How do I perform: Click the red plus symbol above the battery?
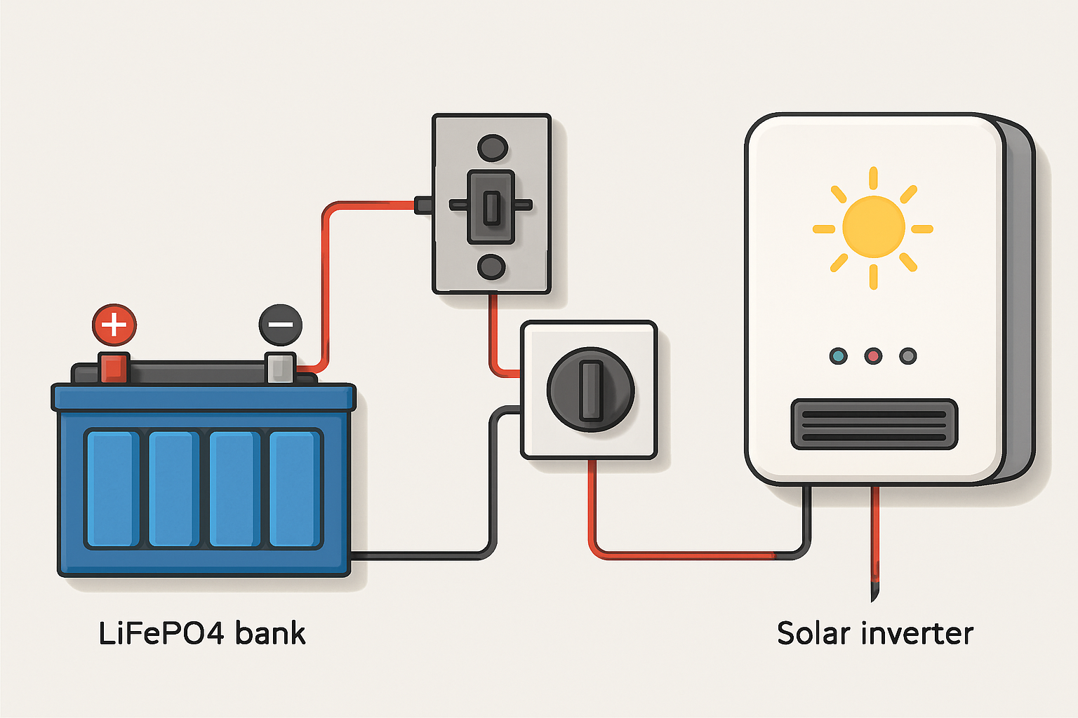pyautogui.click(x=114, y=325)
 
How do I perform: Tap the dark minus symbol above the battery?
pyautogui.click(x=281, y=325)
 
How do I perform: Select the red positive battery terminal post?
pyautogui.click(x=114, y=368)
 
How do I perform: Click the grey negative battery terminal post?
pyautogui.click(x=280, y=368)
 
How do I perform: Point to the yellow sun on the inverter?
pyautogui.click(x=873, y=227)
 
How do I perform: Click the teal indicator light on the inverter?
pyautogui.click(x=838, y=356)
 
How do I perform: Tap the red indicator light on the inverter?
pyautogui.click(x=873, y=356)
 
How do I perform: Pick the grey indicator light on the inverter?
pyautogui.click(x=908, y=356)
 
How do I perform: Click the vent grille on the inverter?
pyautogui.click(x=874, y=424)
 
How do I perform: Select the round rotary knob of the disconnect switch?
pyautogui.click(x=590, y=390)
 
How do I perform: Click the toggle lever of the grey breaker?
pyautogui.click(x=491, y=207)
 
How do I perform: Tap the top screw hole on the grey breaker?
pyautogui.click(x=492, y=148)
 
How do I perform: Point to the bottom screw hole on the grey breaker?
pyautogui.click(x=491, y=267)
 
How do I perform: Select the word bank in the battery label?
pyautogui.click(x=270, y=634)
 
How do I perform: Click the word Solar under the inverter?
pyautogui.click(x=813, y=634)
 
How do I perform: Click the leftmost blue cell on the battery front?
pyautogui.click(x=112, y=489)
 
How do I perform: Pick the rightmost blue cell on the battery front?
pyautogui.click(x=294, y=489)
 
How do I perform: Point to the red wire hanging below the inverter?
pyautogui.click(x=874, y=540)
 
